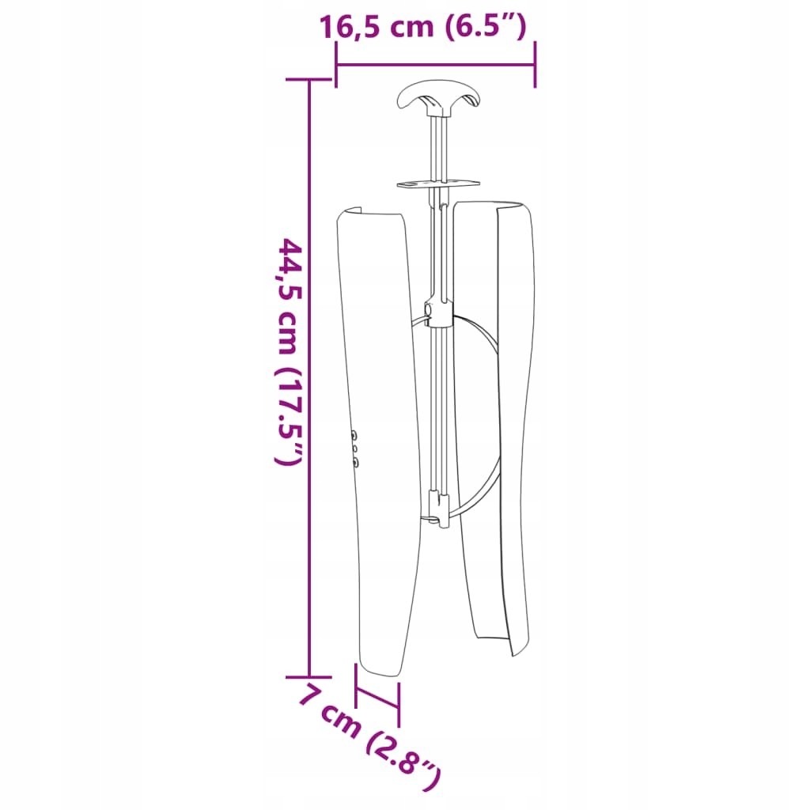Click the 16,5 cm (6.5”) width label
pyautogui.click(x=423, y=27)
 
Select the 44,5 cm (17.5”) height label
pyautogui.click(x=290, y=351)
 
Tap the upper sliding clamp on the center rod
pyautogui.click(x=437, y=313)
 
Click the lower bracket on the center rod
pyautogui.click(x=440, y=509)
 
